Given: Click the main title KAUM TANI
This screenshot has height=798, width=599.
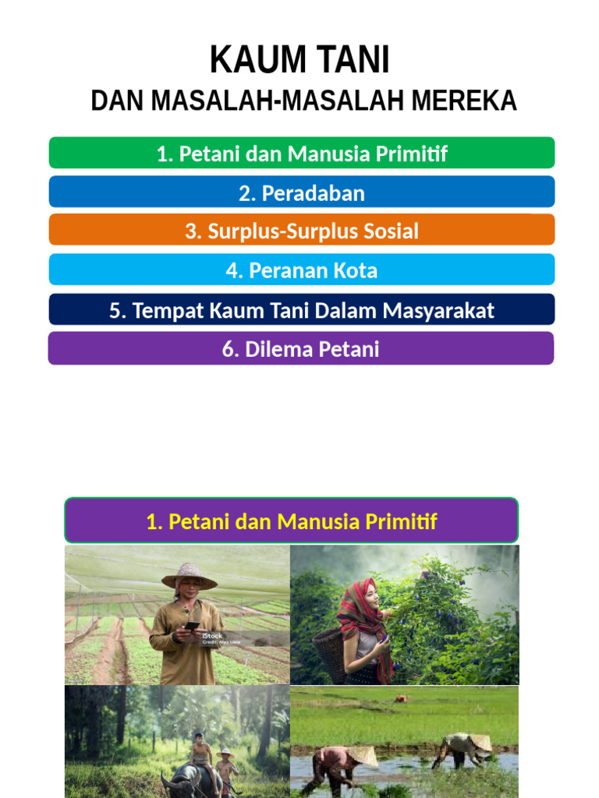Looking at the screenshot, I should (299, 61).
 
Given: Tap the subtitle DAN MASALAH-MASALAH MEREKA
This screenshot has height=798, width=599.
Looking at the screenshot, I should (303, 101).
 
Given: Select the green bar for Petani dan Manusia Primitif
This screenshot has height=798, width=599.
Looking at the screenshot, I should (302, 154).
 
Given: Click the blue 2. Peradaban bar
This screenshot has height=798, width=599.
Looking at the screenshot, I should (302, 192).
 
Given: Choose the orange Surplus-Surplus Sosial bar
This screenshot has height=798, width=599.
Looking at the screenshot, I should (302, 231).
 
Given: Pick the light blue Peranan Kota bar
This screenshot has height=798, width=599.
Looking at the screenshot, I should (302, 270).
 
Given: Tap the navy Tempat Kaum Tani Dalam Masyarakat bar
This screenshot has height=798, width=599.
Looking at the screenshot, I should (302, 309).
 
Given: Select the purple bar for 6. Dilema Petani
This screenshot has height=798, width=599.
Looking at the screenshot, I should (301, 348).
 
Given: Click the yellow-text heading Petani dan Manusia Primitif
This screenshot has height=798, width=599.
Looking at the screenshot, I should (291, 521).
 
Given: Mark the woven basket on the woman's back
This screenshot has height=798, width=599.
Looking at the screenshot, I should (329, 653).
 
